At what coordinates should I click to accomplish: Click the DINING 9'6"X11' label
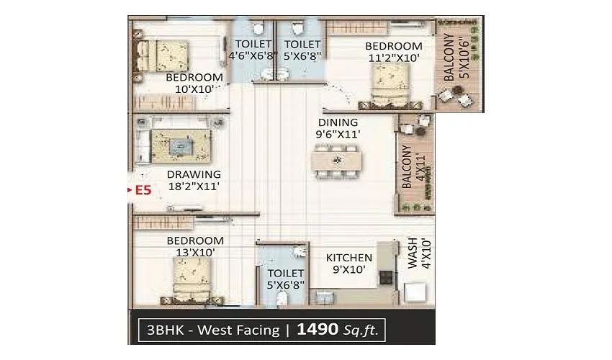[x=337, y=128]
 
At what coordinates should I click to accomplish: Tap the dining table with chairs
[x=336, y=159]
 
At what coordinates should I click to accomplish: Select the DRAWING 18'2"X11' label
[x=193, y=180]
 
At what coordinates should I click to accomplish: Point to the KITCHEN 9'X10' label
[x=349, y=264]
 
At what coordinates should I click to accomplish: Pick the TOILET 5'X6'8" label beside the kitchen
[x=286, y=279]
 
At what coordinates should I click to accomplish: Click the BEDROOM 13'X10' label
[x=194, y=246]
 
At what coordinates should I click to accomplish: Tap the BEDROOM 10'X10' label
[x=194, y=84]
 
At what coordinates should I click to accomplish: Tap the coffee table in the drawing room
[x=179, y=148]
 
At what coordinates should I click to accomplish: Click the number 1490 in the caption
[x=318, y=330]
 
